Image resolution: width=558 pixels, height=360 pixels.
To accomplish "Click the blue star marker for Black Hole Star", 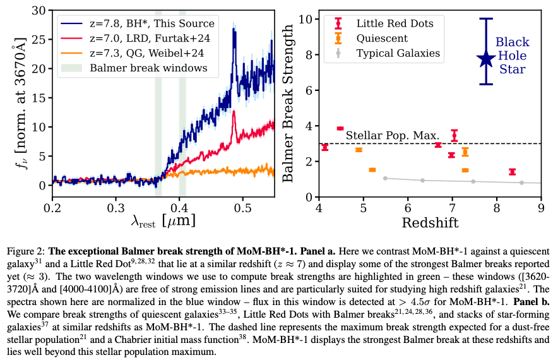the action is (x=486, y=59).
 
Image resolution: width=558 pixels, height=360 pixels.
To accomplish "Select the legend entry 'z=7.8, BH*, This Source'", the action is (x=138, y=23).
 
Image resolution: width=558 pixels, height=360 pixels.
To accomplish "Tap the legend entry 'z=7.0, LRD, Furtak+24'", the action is (x=135, y=39).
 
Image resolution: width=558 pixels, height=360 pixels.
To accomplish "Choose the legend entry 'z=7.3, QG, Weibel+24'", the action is (x=133, y=54).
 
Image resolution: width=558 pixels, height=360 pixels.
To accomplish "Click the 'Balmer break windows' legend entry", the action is (x=134, y=68).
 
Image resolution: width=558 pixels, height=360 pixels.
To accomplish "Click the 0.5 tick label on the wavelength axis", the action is (x=242, y=208).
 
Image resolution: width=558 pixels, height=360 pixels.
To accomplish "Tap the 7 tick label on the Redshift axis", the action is (x=453, y=208).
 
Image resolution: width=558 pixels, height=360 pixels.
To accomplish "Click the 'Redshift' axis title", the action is (x=430, y=222).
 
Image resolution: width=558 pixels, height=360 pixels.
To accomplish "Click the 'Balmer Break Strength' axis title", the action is (x=288, y=104).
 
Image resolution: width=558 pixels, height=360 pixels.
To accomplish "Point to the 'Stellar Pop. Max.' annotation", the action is (x=393, y=135).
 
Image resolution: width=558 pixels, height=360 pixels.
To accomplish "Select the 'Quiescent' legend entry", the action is (x=372, y=39).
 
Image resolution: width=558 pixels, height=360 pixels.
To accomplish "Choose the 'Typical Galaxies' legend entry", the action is (x=389, y=54).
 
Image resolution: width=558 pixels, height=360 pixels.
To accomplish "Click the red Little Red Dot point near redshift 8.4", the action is (x=512, y=172).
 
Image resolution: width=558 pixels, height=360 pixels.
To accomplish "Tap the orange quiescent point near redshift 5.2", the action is (x=372, y=170).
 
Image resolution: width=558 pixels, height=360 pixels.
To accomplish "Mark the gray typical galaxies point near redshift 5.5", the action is (x=385, y=178).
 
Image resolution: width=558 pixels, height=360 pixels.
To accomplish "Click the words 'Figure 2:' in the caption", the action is (x=26, y=251).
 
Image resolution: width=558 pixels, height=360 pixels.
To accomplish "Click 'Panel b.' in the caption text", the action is (x=531, y=302).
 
